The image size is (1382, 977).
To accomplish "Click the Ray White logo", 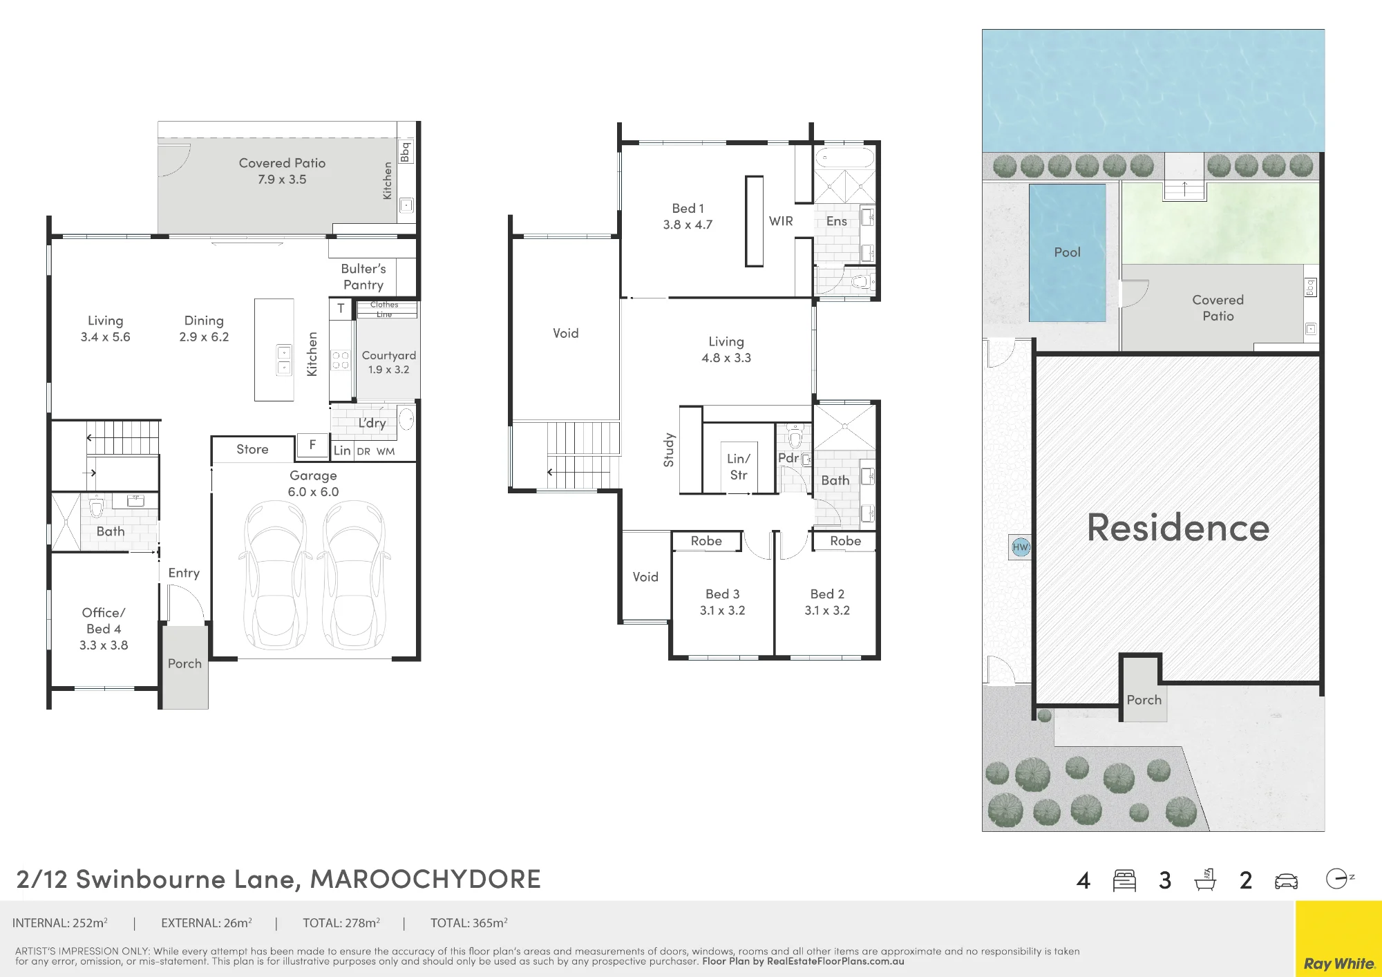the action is [x=1338, y=963].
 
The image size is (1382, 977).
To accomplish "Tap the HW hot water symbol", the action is [x=1021, y=547].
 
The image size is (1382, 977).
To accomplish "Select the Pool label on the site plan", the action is [x=1067, y=252].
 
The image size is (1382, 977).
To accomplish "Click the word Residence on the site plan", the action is [x=1178, y=528].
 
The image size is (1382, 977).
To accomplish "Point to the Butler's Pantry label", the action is [x=363, y=276].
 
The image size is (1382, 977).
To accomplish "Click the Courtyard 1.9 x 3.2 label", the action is [x=389, y=362].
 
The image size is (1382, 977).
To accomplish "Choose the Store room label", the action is [x=252, y=449].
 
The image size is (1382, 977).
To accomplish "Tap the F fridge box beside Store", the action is [x=312, y=445].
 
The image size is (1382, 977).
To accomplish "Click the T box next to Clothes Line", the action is [x=341, y=309].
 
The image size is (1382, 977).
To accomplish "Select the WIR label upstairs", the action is [x=781, y=221].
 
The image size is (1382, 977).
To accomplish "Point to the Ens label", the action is [x=836, y=221].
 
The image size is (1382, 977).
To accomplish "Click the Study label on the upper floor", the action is [x=668, y=450].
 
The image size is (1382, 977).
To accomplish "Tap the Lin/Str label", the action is [x=739, y=467].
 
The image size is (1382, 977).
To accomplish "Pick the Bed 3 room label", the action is [x=723, y=602].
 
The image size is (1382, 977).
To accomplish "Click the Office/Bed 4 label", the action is [x=104, y=629].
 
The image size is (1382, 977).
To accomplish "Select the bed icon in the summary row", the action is [x=1124, y=880].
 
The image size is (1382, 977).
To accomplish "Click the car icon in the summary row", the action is [x=1286, y=881].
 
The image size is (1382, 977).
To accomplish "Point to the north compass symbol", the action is [x=1340, y=879].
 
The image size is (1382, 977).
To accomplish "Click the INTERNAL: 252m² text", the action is [x=60, y=922].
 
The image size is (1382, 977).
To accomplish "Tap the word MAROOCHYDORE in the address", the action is [x=425, y=879].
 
